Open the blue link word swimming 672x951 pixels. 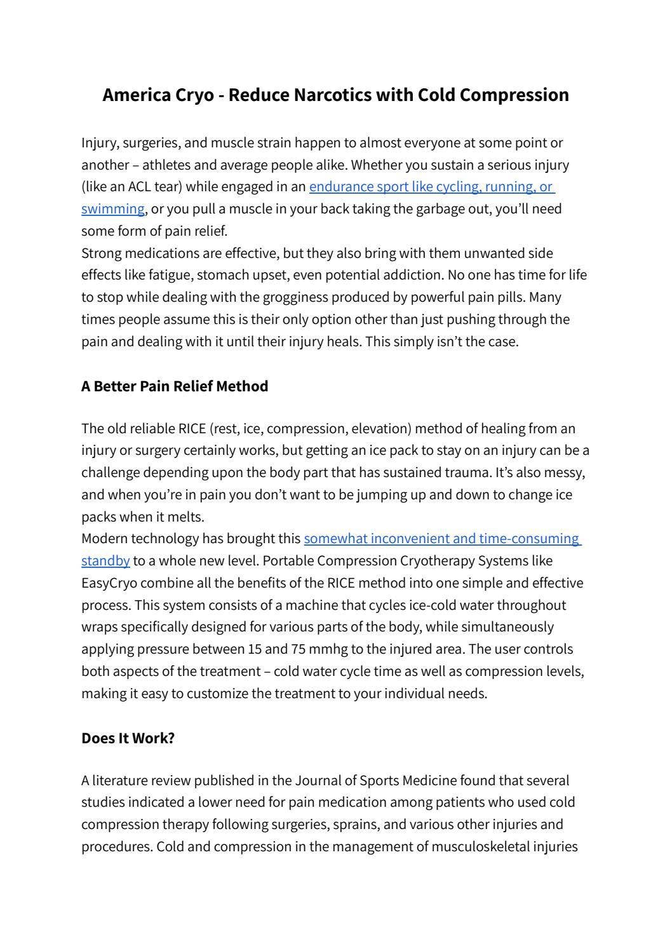(x=112, y=209)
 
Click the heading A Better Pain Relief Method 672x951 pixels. (x=175, y=386)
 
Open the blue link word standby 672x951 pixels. (x=105, y=561)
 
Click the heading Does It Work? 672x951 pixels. (x=128, y=738)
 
